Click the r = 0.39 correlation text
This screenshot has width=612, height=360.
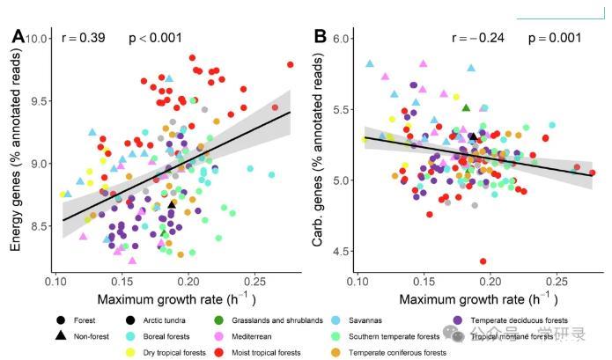coord(83,38)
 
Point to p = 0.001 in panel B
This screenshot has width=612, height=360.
coord(555,38)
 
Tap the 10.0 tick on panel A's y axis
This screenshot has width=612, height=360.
coord(36,39)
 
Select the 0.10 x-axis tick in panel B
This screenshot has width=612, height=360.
coord(358,282)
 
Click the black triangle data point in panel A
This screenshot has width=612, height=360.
coord(171,203)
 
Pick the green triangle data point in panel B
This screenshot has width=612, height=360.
coord(466,107)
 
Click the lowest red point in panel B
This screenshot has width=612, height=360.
coord(483,261)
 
